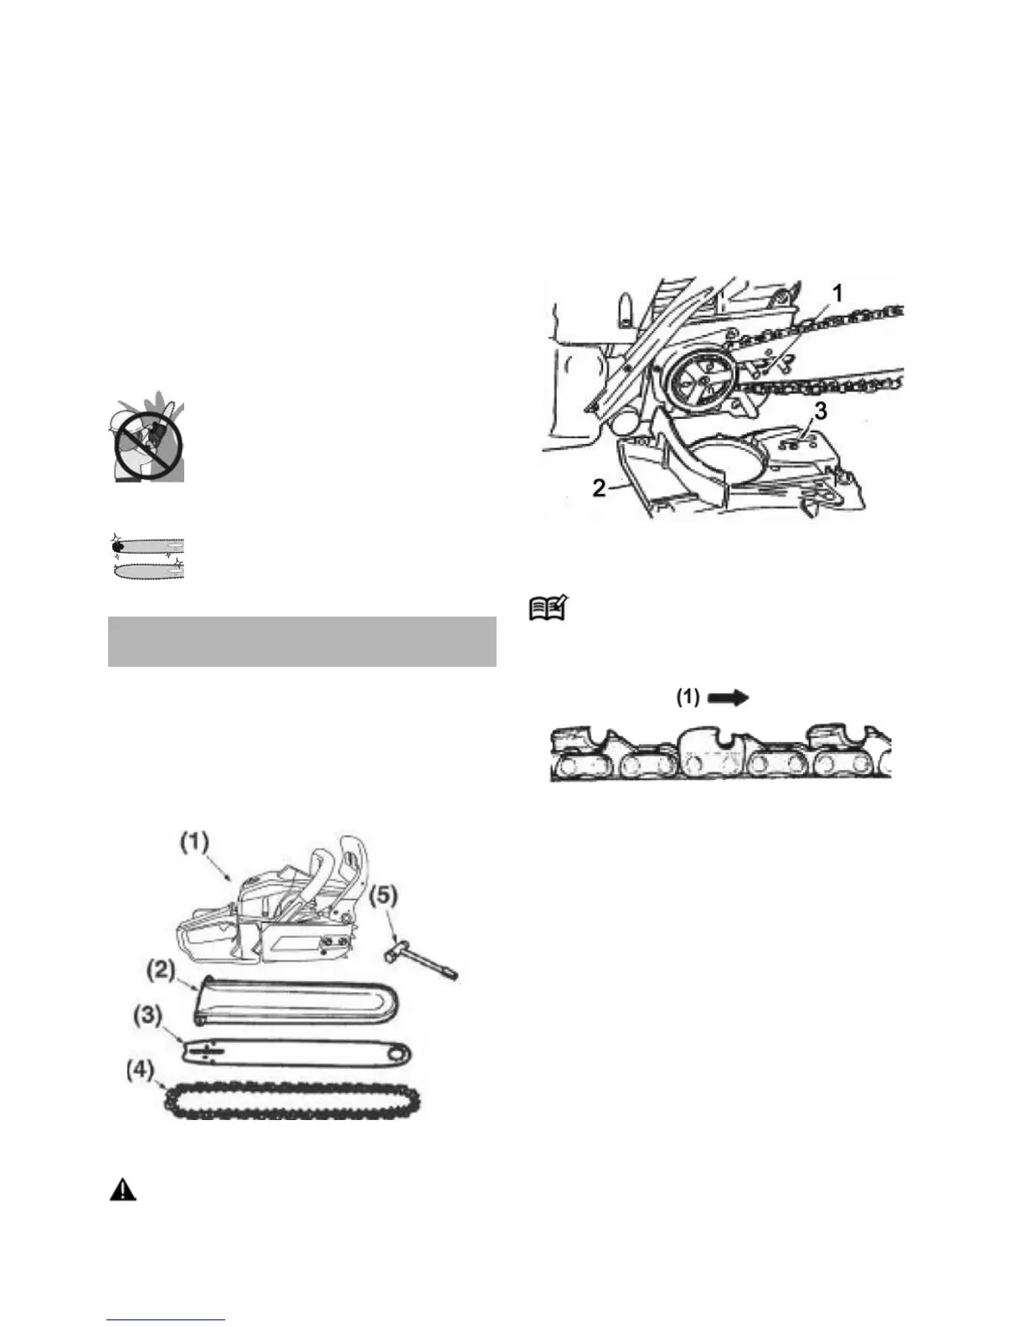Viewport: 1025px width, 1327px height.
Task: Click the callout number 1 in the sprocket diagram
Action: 837,292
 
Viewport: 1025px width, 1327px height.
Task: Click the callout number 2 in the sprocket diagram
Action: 599,488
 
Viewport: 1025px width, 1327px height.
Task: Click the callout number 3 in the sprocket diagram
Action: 821,411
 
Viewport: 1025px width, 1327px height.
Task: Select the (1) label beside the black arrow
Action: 688,697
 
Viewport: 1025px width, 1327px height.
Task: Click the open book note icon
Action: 548,607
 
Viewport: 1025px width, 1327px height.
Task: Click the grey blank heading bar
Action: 302,642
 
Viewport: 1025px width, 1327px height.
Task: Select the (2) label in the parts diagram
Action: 161,972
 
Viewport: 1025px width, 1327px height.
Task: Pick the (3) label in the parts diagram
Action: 147,1015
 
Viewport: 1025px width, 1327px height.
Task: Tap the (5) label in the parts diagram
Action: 384,896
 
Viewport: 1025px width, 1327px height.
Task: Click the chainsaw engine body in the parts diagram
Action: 268,922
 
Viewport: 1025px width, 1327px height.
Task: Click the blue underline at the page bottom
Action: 167,1320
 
